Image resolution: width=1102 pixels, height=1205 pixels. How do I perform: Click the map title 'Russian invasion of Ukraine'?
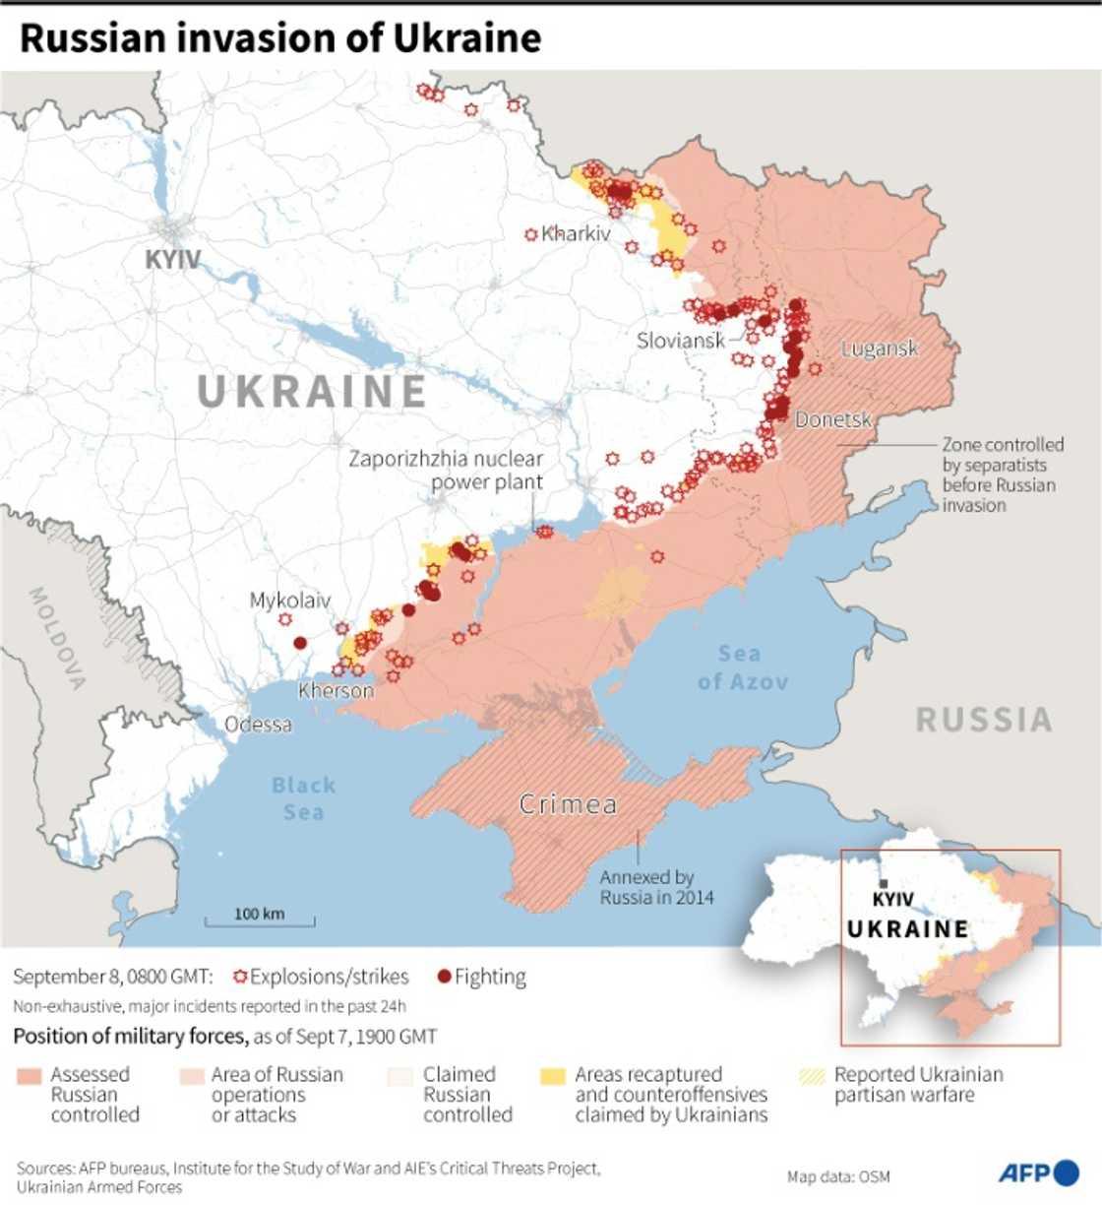pos(280,38)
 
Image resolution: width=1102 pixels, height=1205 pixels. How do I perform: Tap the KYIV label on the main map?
pos(173,260)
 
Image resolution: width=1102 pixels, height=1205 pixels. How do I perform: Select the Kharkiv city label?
pos(576,233)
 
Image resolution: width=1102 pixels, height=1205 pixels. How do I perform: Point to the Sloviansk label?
pos(680,341)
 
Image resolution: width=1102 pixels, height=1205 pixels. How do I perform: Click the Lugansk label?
pos(879,349)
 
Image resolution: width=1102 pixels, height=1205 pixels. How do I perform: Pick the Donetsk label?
pos(833,420)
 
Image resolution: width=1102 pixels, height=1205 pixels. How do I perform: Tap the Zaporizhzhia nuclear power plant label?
pos(446,471)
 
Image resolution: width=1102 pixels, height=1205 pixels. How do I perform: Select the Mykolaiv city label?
pos(290,601)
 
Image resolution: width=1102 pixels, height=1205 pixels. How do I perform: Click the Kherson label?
pos(336,691)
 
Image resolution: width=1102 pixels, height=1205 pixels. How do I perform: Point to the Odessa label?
pos(258,725)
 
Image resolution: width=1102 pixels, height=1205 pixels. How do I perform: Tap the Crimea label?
pos(568,805)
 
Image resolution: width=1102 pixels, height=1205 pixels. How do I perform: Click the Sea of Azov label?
pos(742,667)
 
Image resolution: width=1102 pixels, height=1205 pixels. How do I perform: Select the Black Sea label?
pos(303,798)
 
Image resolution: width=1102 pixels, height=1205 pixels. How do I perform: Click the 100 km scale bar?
pos(260,920)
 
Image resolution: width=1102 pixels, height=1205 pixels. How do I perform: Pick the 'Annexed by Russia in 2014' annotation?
pos(656,887)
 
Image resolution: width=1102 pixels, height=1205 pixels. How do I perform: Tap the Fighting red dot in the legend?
pos(444,977)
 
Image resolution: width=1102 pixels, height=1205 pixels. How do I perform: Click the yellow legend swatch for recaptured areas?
pos(553,1076)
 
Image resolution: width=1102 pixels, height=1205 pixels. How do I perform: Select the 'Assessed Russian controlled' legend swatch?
pos(30,1076)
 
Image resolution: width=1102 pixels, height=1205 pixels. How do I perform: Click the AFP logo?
pos(1038,1173)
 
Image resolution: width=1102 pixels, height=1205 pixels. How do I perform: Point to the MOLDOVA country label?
pos(57,638)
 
